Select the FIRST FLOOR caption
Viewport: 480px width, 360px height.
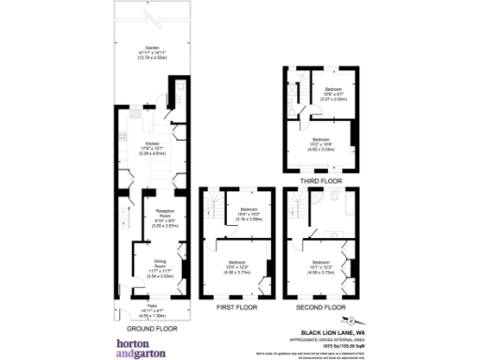point(237,307)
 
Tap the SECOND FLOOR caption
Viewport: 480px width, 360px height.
point(322,307)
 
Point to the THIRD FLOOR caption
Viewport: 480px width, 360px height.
point(321,178)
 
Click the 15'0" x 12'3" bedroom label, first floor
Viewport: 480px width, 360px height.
point(240,262)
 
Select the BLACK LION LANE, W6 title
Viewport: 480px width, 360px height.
point(331,332)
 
